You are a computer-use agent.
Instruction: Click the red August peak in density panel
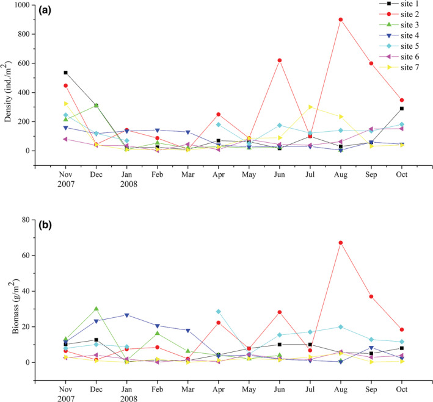[x=340, y=20]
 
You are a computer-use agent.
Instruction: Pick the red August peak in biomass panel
[x=340, y=243]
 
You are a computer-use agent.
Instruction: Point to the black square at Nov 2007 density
[x=65, y=73]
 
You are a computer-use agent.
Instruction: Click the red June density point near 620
[x=280, y=60]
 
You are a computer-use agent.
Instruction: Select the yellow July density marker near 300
[x=310, y=107]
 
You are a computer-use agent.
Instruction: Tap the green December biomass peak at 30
[x=96, y=309]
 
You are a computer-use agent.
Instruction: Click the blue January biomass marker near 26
[x=126, y=315]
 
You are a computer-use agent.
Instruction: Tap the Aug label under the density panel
[x=340, y=174]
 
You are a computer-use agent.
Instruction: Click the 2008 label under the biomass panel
[x=126, y=397]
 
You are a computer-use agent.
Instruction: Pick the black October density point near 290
[x=402, y=109]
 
